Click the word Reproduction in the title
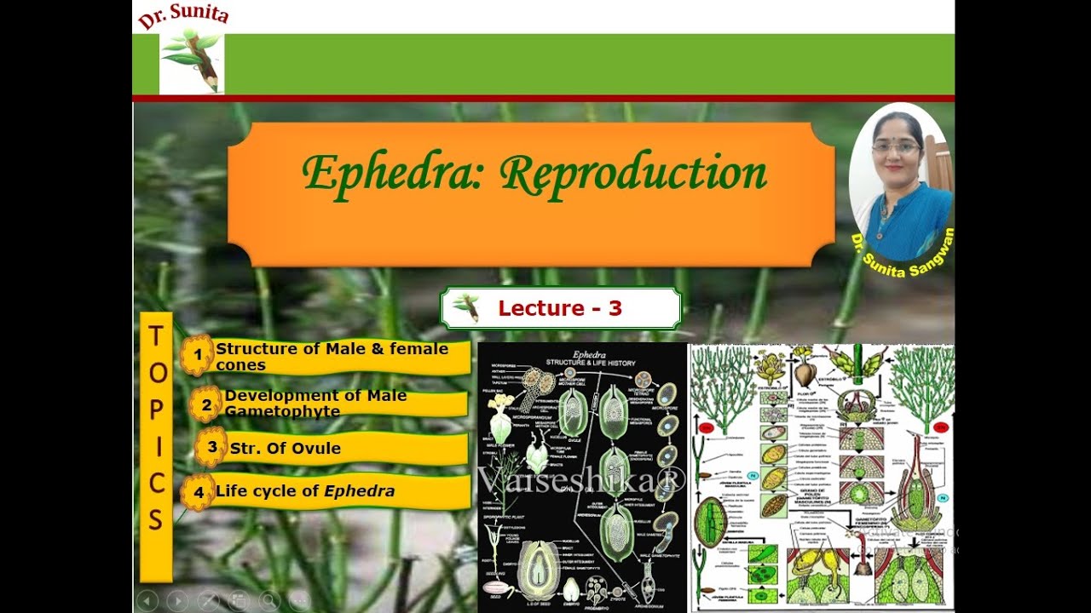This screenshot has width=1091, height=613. [632, 174]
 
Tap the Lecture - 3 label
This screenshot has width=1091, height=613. [560, 308]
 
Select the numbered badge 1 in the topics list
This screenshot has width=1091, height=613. [198, 356]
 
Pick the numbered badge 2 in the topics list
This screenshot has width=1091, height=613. [205, 404]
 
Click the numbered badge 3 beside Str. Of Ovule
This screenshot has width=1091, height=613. [211, 447]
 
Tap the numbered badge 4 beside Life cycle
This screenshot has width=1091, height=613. [198, 492]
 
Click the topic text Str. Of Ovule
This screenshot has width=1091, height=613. [286, 449]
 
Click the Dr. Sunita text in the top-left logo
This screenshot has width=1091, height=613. [183, 15]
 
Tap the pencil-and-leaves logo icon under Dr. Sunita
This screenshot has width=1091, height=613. [192, 61]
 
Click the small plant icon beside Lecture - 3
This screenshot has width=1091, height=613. [465, 306]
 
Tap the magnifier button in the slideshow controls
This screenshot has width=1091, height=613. [269, 600]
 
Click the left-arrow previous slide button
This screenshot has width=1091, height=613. [147, 600]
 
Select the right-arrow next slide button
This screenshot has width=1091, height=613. [177, 600]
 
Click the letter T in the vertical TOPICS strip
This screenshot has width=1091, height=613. [156, 337]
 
